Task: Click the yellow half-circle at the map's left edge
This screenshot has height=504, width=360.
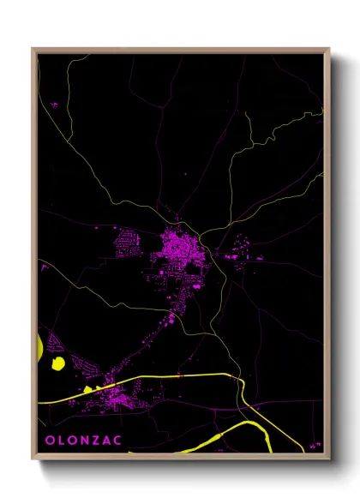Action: pos(40,348)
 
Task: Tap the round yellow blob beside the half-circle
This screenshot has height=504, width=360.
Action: pos(58,363)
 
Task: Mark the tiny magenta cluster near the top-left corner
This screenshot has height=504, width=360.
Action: pos(54,105)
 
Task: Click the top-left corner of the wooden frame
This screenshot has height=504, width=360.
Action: pos(33,49)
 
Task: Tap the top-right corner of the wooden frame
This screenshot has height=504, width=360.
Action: pos(329,49)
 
